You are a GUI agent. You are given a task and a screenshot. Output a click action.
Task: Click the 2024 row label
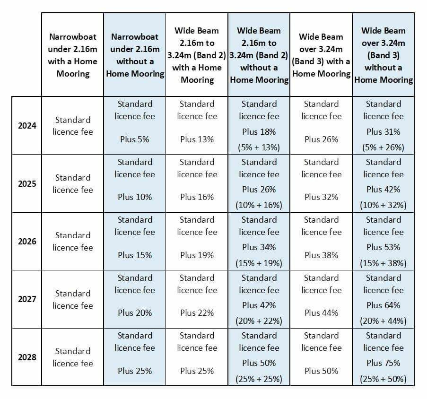(27, 126)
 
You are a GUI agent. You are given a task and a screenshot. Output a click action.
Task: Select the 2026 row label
(27, 242)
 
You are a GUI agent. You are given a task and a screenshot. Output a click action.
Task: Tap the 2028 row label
(27, 357)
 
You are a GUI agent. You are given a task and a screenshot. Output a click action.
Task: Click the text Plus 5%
(134, 139)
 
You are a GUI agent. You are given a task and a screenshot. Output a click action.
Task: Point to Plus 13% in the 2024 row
(197, 139)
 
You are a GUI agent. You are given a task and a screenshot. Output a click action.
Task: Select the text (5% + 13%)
(259, 147)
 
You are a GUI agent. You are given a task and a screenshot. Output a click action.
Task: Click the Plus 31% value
(383, 132)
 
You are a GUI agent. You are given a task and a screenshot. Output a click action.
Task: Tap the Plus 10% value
(134, 197)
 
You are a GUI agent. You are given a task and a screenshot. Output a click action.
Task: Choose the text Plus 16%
(197, 197)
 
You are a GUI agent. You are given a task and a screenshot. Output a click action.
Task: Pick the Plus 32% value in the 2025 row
(322, 197)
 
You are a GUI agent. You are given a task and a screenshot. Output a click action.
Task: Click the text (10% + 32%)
(383, 205)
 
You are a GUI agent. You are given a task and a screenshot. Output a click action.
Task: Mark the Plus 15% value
(134, 255)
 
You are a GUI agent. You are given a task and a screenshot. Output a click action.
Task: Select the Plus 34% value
(259, 247)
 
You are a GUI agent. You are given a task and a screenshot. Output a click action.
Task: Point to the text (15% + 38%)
(383, 263)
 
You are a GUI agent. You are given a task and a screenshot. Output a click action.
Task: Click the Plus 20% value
(134, 312)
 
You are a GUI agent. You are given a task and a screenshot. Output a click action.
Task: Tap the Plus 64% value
(383, 305)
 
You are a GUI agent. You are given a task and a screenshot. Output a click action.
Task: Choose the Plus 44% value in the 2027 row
(322, 312)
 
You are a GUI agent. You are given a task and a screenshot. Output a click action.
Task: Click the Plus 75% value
(383, 363)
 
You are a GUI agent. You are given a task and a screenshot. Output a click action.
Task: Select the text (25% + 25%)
(259, 379)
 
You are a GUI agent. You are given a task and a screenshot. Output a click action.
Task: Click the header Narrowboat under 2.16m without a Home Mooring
(135, 55)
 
